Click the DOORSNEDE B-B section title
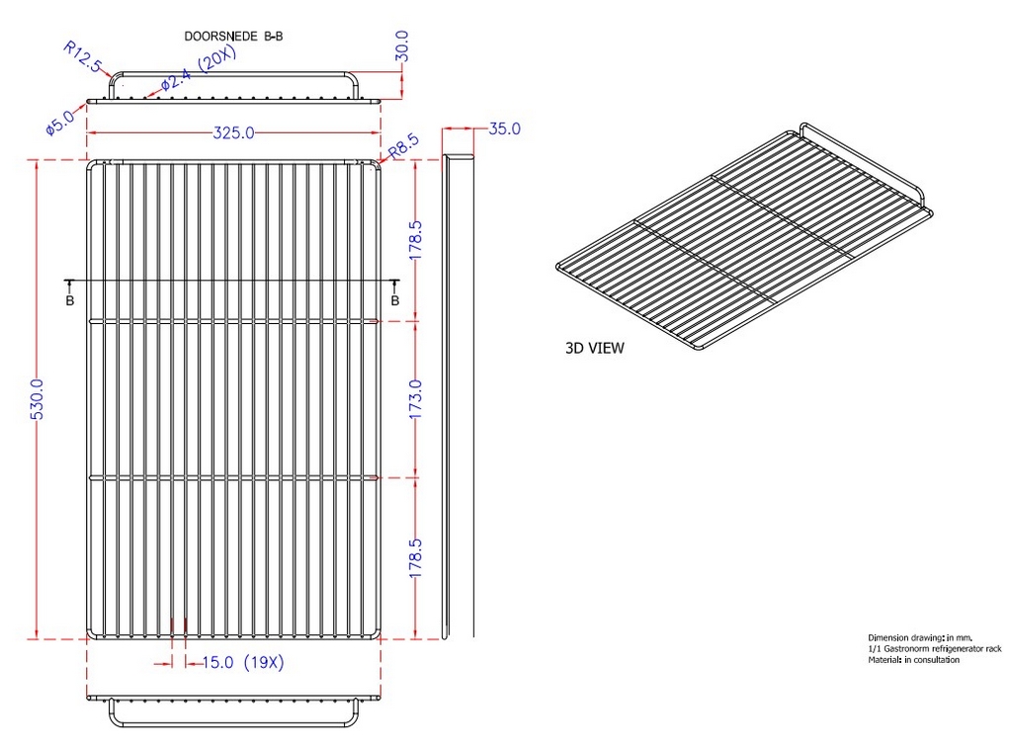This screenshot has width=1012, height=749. tap(233, 37)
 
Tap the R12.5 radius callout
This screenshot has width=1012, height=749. tap(82, 56)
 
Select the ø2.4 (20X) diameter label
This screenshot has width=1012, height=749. tap(199, 69)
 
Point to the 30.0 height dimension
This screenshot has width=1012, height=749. tap(401, 45)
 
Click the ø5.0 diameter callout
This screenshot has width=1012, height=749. tap(60, 121)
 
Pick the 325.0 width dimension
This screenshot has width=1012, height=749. tap(233, 132)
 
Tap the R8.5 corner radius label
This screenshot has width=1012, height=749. tap(404, 146)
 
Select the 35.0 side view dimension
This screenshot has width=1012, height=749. tap(504, 128)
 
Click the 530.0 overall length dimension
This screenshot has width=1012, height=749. tap(37, 399)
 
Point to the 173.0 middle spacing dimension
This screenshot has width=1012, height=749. tap(415, 399)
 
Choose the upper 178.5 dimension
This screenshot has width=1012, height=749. tap(415, 240)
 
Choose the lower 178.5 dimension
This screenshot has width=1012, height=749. tap(415, 557)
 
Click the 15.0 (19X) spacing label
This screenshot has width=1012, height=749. tap(243, 663)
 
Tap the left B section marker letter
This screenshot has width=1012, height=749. tap(70, 300)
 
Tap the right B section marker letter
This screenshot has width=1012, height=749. tap(395, 300)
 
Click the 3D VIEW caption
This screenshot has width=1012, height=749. tap(594, 349)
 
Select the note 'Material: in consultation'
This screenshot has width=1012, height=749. tap(913, 660)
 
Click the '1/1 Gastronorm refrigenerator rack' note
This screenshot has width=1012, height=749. tap(935, 649)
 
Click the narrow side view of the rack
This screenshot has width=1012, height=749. tap(458, 396)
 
